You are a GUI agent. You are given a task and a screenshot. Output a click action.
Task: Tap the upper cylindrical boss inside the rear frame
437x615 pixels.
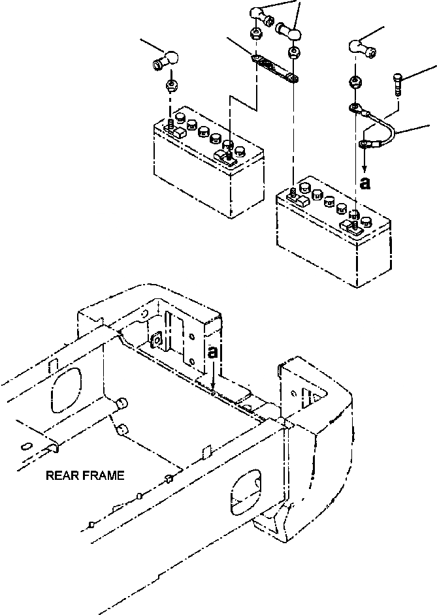click(x=120, y=405)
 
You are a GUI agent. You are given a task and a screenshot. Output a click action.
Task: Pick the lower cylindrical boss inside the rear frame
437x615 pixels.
click(x=123, y=430)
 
